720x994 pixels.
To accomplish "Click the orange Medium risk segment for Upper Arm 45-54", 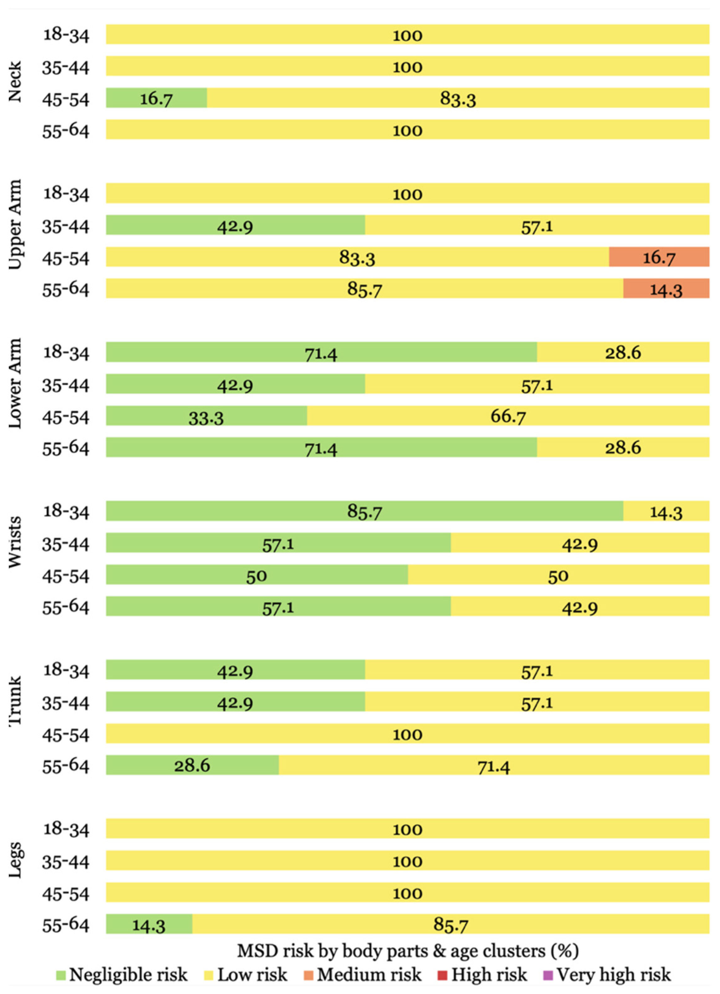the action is pyautogui.click(x=659, y=257).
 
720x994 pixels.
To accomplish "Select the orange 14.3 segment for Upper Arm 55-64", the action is pyautogui.click(x=666, y=288).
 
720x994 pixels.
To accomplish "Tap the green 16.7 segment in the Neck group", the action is pyautogui.click(x=156, y=98).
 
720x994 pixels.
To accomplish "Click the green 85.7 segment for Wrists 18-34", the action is pyautogui.click(x=365, y=511).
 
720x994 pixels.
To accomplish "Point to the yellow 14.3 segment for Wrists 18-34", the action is pyautogui.click(x=666, y=511).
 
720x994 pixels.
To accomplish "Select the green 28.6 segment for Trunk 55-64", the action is pyautogui.click(x=192, y=765).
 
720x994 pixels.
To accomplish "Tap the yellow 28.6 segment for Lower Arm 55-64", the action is pyautogui.click(x=623, y=447).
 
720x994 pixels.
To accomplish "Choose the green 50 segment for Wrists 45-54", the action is pyautogui.click(x=256, y=574).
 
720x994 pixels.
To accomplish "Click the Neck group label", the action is pyautogui.click(x=15, y=82).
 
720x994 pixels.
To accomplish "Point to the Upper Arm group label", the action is pyautogui.click(x=15, y=224).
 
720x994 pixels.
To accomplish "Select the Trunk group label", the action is pyautogui.click(x=15, y=701).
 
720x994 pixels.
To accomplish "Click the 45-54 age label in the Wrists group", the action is pyautogui.click(x=65, y=576).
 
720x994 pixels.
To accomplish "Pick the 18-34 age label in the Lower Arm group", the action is pyautogui.click(x=66, y=353).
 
